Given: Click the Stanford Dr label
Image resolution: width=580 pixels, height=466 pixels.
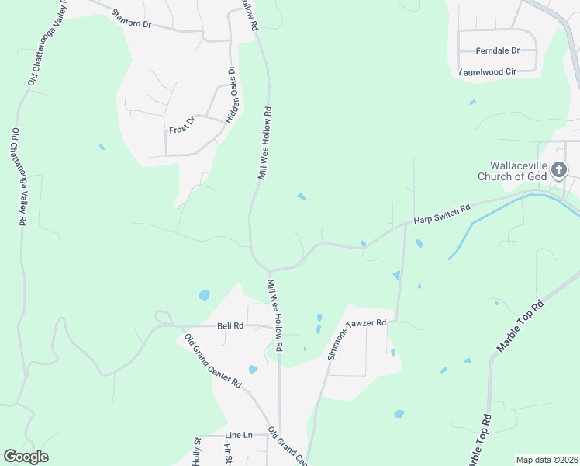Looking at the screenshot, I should click(131, 19).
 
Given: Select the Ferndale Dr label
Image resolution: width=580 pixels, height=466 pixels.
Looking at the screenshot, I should click(497, 50).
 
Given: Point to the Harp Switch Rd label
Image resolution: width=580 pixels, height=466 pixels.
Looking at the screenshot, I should click(442, 214).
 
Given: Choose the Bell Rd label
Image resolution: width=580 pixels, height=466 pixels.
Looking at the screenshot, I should click(230, 326).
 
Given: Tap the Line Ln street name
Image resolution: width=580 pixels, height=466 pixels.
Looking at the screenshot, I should click(239, 435).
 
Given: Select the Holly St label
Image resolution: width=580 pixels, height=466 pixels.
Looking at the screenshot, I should click(197, 451).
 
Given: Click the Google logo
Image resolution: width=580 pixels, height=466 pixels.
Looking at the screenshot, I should click(26, 457).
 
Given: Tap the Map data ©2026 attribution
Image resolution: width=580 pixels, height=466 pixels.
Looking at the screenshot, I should click(546, 460).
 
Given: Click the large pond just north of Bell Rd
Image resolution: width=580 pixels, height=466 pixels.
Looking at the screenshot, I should click(204, 295).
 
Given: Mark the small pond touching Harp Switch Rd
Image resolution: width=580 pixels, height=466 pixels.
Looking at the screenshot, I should click(363, 245).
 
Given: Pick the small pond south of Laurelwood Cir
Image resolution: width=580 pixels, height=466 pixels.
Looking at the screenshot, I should click(472, 102).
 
